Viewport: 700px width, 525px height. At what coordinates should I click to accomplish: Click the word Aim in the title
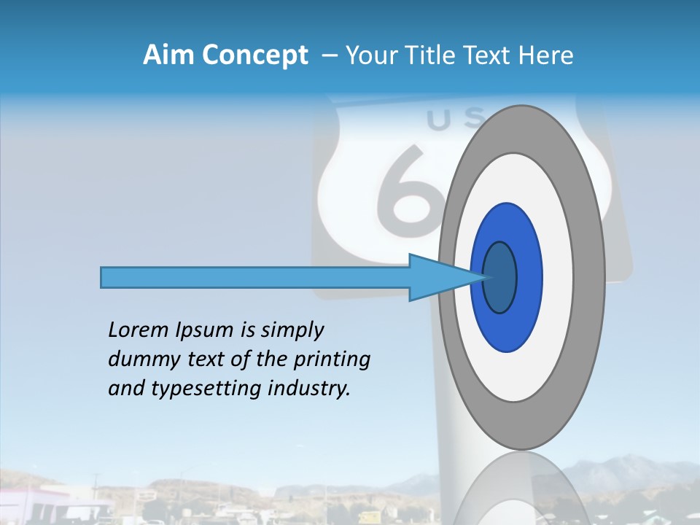(169, 55)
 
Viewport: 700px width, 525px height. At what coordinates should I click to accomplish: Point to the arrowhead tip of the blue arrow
(487, 277)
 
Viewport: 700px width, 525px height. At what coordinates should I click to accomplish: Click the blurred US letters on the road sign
(445, 120)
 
